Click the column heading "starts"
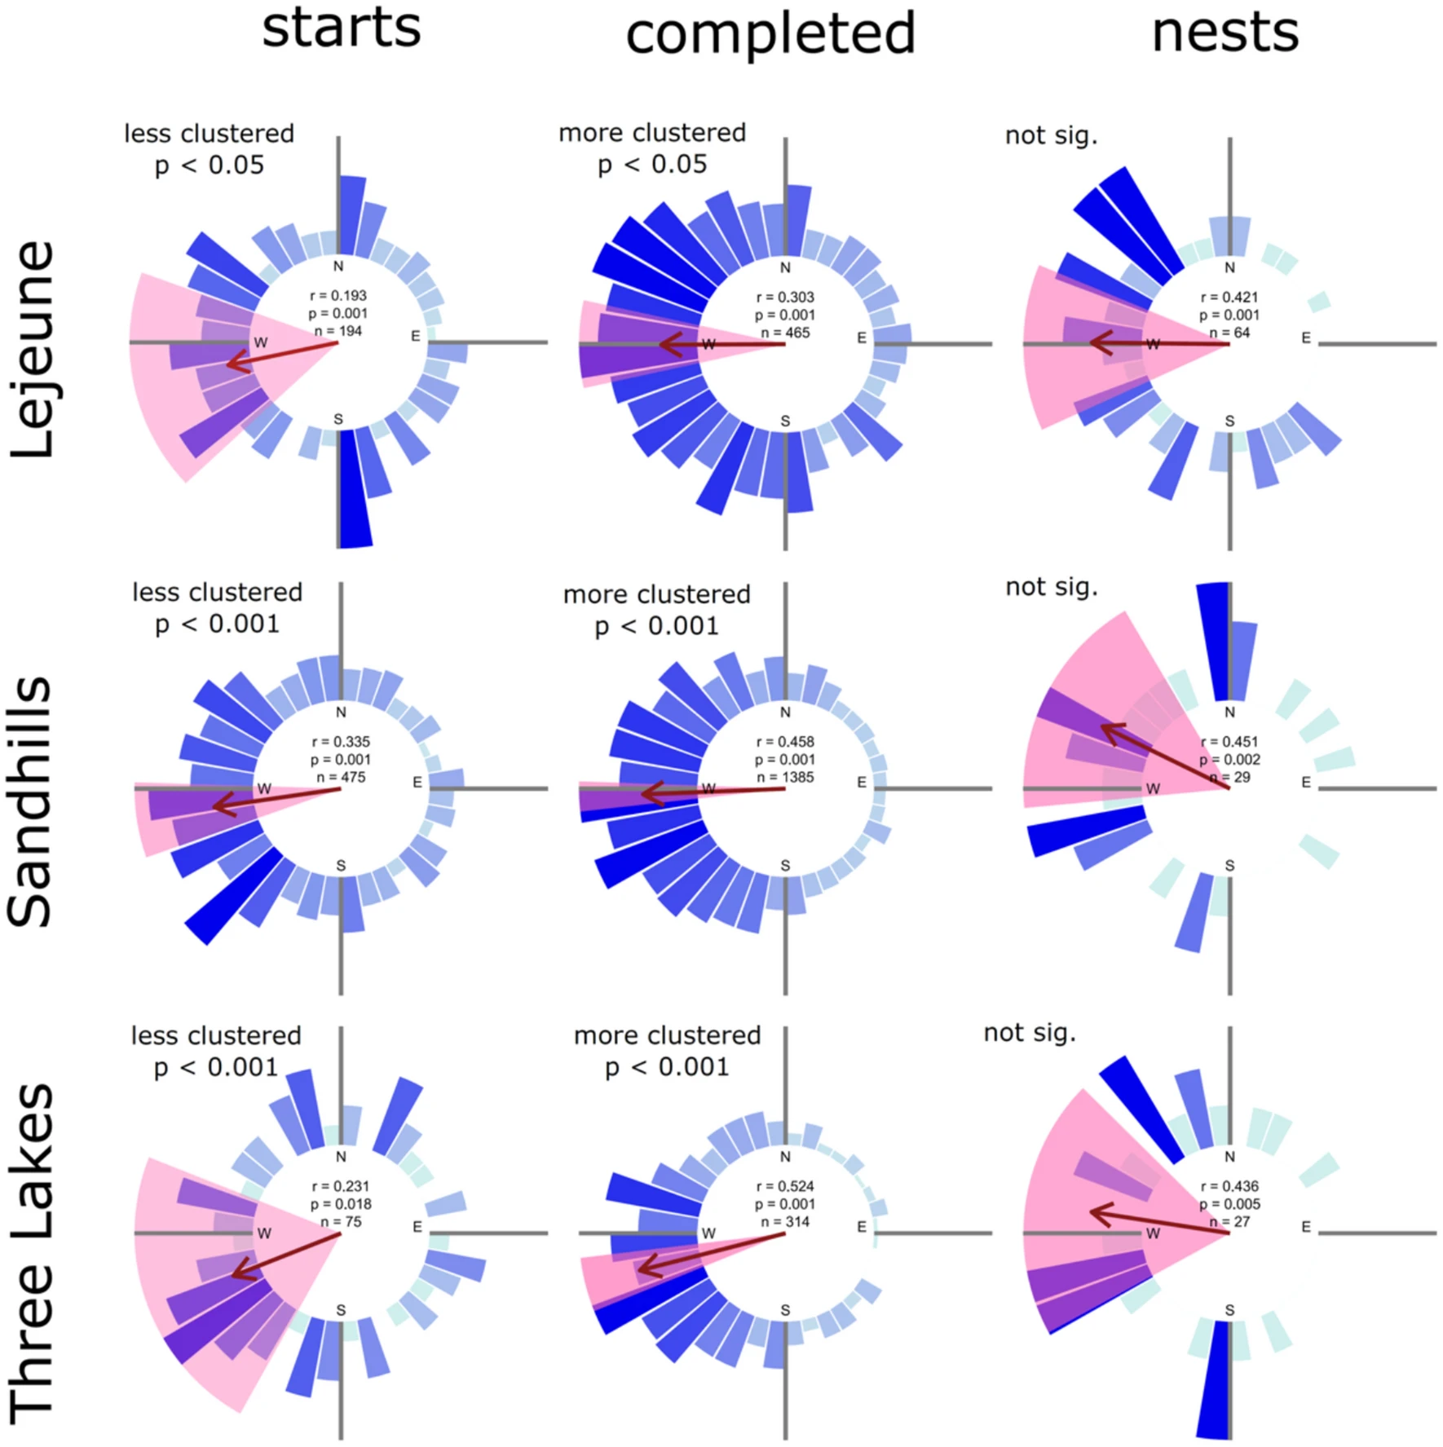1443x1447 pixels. coord(341,28)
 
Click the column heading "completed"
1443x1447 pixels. coord(770,34)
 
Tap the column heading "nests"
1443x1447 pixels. coord(1225,33)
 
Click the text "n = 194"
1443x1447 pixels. coord(338,331)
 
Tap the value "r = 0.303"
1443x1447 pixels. coord(784,298)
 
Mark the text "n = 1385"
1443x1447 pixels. coord(784,777)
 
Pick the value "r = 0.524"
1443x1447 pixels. coord(784,1186)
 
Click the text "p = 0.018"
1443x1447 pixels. coord(341,1204)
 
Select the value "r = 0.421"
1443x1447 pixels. coord(1229,298)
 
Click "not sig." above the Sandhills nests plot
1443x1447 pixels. coord(1051,586)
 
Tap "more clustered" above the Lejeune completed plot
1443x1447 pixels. coord(652,133)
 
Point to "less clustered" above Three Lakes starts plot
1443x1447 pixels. coord(216,1035)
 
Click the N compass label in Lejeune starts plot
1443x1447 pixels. coord(338,266)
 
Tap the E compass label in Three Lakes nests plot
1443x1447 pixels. coord(1306,1226)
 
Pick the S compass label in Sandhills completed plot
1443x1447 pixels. coord(785,865)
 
